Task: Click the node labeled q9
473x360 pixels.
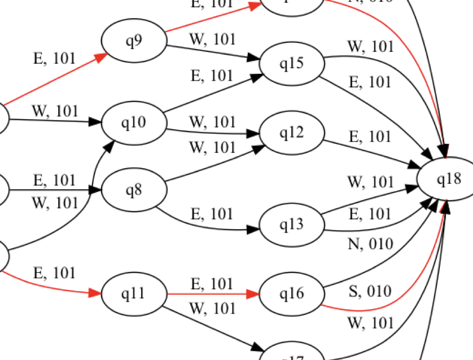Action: [x=134, y=42]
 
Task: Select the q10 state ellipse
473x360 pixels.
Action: [x=134, y=122]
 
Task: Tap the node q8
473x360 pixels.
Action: [x=134, y=190]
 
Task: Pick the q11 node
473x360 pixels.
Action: [x=134, y=294]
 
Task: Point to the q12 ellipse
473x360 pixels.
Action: [x=292, y=133]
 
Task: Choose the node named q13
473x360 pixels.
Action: [x=292, y=225]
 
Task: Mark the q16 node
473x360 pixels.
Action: [x=292, y=294]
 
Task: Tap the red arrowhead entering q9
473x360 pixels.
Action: [x=102, y=55]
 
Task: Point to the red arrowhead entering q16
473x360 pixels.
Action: [x=253, y=294]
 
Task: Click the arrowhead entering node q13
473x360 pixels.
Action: [x=253, y=230]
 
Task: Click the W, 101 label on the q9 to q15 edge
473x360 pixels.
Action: [x=212, y=39]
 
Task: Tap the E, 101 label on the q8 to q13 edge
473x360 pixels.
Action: [x=212, y=214]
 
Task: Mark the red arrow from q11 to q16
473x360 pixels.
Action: [x=209, y=294]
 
